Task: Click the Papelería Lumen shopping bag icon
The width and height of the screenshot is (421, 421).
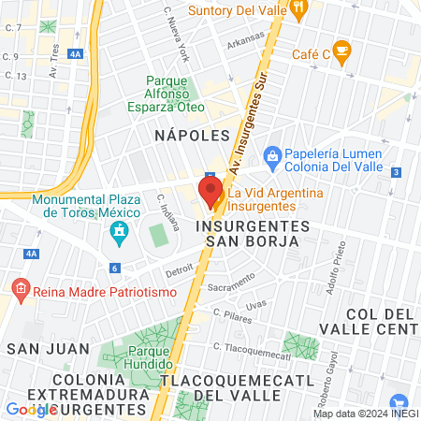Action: click(x=272, y=154)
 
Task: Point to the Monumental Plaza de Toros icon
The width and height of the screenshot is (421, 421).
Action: click(x=119, y=230)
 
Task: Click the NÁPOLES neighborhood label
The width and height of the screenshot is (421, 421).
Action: click(x=191, y=137)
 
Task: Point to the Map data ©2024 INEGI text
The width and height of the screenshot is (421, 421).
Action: click(x=364, y=414)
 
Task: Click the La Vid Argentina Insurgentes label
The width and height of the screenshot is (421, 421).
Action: click(x=278, y=197)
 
